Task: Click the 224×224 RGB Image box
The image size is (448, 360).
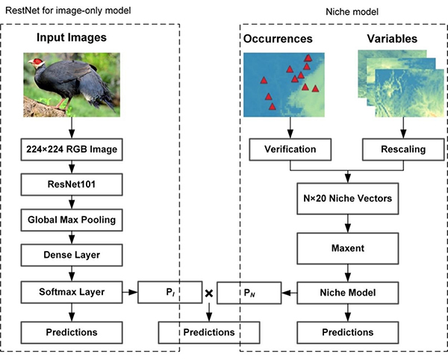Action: click(x=71, y=149)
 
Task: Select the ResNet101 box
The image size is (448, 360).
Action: click(x=71, y=184)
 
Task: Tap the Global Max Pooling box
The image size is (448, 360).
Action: click(x=71, y=220)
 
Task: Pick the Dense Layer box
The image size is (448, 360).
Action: click(x=71, y=255)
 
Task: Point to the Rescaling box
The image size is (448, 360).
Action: click(x=403, y=149)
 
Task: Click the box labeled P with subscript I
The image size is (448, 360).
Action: click(x=171, y=293)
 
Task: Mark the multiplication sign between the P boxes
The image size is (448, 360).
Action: click(x=209, y=293)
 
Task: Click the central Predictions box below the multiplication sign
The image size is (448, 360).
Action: click(x=209, y=332)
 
